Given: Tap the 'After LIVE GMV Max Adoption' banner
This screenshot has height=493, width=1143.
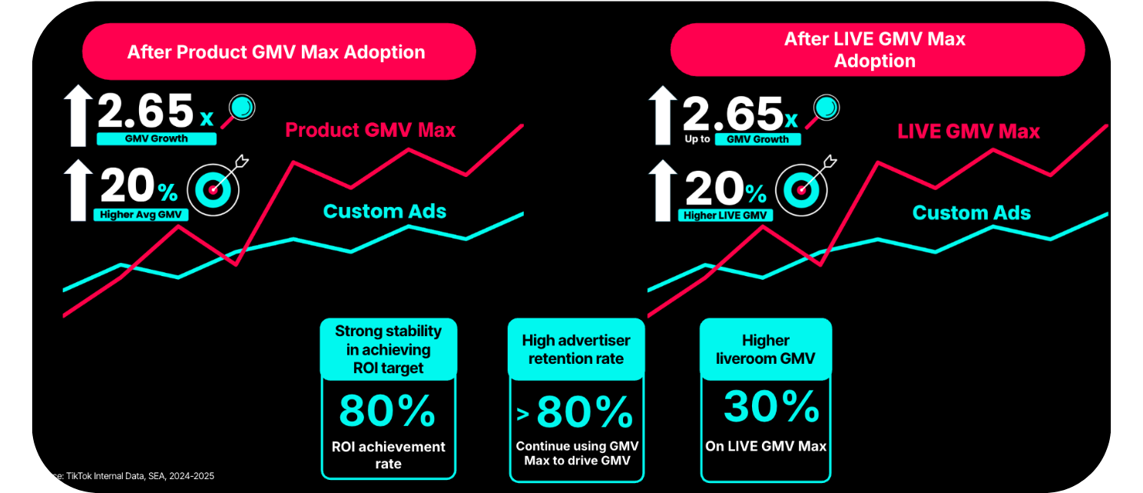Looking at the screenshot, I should coord(876,50).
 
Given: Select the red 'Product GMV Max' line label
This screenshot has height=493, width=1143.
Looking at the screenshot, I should coord(370,130).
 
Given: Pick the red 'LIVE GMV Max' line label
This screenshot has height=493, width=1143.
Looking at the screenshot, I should coord(968,132).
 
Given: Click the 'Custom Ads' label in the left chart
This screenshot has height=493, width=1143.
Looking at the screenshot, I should coord(384,212).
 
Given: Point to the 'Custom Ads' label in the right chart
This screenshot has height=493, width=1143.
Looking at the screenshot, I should coord(971,213).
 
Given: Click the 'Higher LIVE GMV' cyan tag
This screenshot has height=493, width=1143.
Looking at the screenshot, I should coord(725,215).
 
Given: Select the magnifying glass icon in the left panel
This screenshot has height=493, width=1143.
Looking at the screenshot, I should coord(242,108).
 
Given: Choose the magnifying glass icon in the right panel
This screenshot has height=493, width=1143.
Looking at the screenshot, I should coord(824,108).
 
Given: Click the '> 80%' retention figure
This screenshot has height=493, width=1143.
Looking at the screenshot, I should coord(575,413).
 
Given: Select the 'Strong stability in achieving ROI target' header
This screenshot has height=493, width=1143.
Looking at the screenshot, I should coord(388,349).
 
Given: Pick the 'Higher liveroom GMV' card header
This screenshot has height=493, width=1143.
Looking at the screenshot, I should coord(766,349).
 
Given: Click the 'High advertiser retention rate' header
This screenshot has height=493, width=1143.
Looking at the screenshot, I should coord(576,349).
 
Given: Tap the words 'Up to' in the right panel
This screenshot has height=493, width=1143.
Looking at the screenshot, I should coord(697,140).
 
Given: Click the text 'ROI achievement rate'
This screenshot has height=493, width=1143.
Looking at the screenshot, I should coord(388,455).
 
